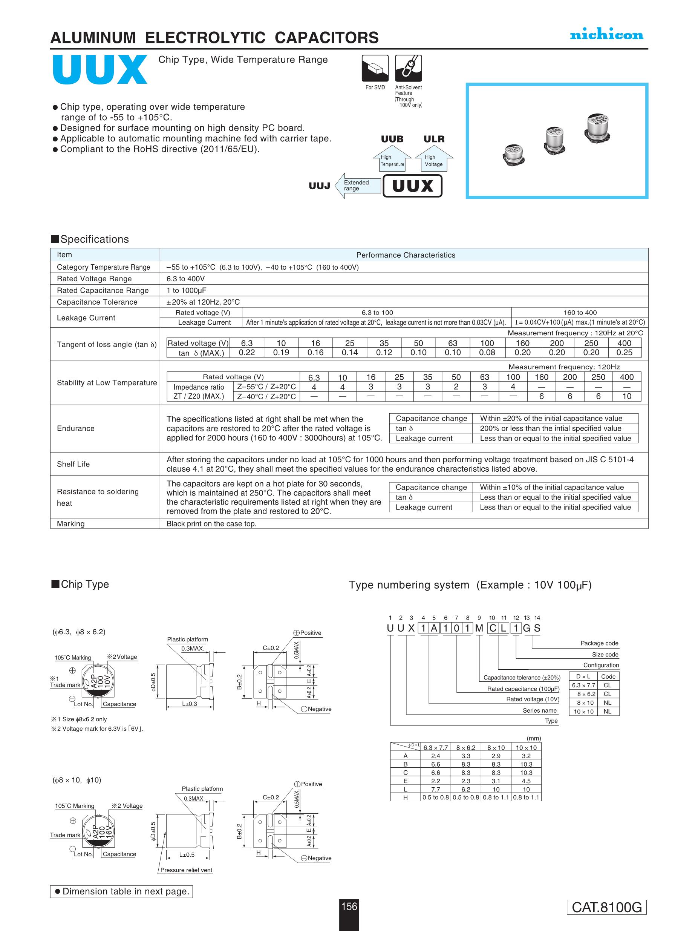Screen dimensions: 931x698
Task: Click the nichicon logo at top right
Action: pos(606,35)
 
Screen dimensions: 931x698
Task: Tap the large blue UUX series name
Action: pos(100,69)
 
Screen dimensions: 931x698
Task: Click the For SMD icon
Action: pos(375,68)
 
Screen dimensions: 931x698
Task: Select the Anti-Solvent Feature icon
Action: pos(408,68)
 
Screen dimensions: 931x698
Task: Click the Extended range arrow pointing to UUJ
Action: pos(357,186)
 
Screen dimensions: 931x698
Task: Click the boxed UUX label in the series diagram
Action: pos(412,186)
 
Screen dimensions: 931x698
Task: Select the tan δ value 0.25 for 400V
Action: pos(624,353)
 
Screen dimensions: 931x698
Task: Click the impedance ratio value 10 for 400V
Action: pos(626,396)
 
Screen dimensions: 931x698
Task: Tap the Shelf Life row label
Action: pos(73,464)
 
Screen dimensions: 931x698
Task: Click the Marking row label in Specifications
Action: pos(71,524)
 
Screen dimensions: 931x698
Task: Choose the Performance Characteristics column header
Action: pos(406,255)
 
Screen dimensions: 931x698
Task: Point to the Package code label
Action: pos(599,643)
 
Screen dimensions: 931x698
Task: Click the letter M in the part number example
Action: pos(479,628)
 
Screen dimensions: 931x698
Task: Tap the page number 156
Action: pos(349,906)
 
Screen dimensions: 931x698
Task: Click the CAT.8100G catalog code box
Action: pos(606,907)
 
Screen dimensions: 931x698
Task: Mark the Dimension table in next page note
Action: pos(122,891)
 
